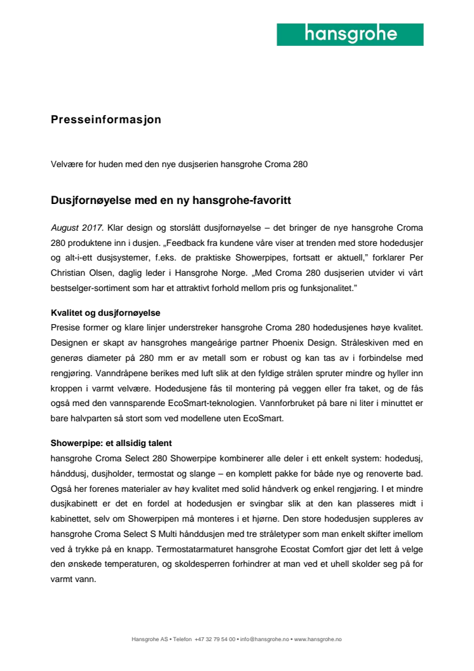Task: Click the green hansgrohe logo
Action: coord(350,34)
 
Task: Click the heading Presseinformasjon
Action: coord(105,119)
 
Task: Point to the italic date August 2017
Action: coord(77,227)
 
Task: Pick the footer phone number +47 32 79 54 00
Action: coord(215,639)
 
